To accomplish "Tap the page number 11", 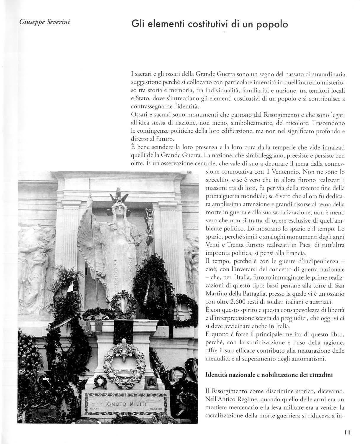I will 347,432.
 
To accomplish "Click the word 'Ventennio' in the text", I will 283,171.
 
